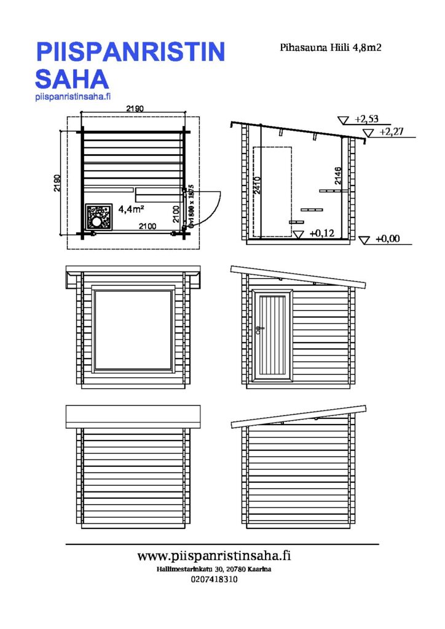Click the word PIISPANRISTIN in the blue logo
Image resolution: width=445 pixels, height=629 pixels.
[130, 52]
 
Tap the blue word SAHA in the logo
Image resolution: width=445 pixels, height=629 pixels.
[72, 79]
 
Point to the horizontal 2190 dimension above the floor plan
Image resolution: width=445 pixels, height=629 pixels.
[135, 109]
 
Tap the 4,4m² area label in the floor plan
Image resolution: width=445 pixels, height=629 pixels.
[131, 209]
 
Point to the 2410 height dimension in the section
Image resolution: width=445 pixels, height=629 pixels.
[258, 185]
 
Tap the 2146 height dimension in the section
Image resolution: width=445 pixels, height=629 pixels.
[337, 176]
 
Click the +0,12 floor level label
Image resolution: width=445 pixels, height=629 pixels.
[321, 233]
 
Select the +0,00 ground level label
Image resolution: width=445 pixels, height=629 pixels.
[387, 239]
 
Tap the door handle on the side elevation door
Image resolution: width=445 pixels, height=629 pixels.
[261, 329]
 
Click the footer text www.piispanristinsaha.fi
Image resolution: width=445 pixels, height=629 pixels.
[214, 556]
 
